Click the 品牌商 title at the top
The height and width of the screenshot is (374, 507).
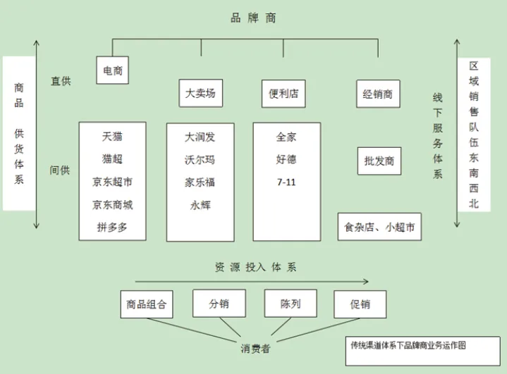tap(253, 18)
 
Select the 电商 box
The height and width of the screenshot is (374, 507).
tap(113, 70)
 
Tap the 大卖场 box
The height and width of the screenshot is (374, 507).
tap(200, 93)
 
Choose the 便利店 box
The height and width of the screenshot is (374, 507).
tap(283, 93)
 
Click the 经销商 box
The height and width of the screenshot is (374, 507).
tap(378, 93)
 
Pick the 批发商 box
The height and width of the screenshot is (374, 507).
tap(379, 161)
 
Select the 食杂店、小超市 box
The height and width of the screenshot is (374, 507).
tap(379, 227)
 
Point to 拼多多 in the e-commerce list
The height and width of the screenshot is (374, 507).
tap(112, 228)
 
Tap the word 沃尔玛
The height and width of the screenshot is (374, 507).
tap(200, 159)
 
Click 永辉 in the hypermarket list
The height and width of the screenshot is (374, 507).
tap(200, 205)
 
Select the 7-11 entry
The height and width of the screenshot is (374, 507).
tap(286, 182)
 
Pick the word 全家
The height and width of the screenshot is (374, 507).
tap(286, 137)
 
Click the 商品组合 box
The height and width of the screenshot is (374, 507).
tap(146, 304)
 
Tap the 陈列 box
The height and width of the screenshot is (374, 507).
tap(290, 304)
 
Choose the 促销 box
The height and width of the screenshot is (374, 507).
tap(360, 304)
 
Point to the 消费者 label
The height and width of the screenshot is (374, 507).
tap(255, 348)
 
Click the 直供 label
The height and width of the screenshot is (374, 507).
tap(60, 81)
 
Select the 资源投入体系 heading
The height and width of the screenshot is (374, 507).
tap(255, 268)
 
